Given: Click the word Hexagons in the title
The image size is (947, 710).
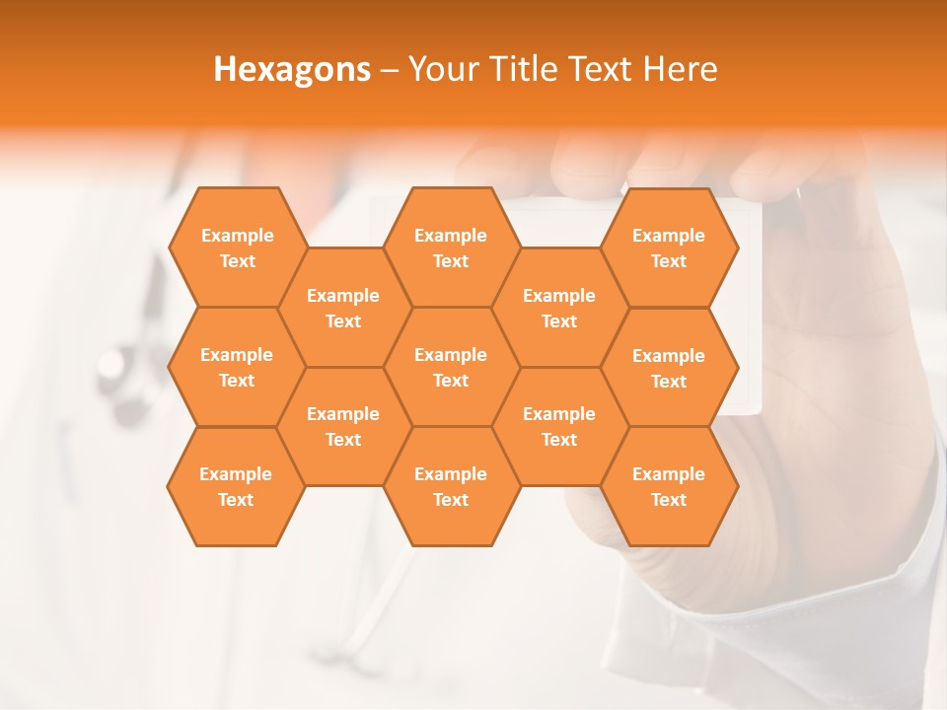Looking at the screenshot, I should [x=292, y=69].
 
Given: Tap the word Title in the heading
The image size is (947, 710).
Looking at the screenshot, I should [x=524, y=69].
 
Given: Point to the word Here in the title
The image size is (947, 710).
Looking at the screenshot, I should [x=681, y=69].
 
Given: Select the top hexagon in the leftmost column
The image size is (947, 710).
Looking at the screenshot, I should [x=237, y=248].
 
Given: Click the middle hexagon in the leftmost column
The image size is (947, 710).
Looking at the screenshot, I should [x=237, y=367].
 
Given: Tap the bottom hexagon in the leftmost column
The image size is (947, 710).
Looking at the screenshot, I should [x=236, y=486].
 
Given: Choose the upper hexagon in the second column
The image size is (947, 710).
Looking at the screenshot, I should [x=343, y=308].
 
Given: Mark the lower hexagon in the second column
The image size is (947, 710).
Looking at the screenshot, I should [x=343, y=426].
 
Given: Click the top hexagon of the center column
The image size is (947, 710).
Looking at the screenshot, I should [x=451, y=248].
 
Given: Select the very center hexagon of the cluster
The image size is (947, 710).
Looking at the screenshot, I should [x=451, y=367].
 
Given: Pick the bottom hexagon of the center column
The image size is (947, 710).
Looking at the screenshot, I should [x=451, y=486].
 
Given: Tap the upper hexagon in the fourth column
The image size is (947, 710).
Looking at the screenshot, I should [x=559, y=308].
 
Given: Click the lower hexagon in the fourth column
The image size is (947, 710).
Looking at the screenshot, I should [x=559, y=426].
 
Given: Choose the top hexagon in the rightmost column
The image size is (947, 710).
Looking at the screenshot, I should [x=669, y=248].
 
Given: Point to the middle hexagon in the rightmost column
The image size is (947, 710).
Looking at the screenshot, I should [x=669, y=368].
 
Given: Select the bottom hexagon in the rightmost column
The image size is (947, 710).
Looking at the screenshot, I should [x=669, y=486].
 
